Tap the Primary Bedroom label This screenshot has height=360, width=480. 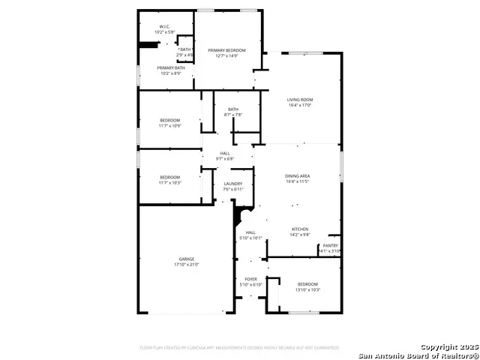pos(227,50)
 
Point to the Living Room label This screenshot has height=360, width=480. pos(301,100)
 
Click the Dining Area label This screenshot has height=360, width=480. pos(297,176)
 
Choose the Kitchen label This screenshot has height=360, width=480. pos(300,229)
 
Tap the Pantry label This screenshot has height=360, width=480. pos(330,245)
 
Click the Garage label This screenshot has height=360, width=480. pos(187,259)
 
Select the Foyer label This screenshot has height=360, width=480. pos(250,279)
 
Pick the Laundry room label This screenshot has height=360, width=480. pos(232,184)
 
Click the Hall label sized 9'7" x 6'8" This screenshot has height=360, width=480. pos(225,153)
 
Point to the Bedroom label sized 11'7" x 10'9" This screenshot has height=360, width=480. pos(169,120)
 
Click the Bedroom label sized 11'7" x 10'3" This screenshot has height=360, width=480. pos(169,177)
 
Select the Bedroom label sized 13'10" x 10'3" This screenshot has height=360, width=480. pos(307,284)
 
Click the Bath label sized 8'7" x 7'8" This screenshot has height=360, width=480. pos(233,109)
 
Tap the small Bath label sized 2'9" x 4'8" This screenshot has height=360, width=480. pos(184,49)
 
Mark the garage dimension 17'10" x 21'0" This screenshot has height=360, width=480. pos(187,265)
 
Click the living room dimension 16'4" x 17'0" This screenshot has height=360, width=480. pos(301,105)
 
